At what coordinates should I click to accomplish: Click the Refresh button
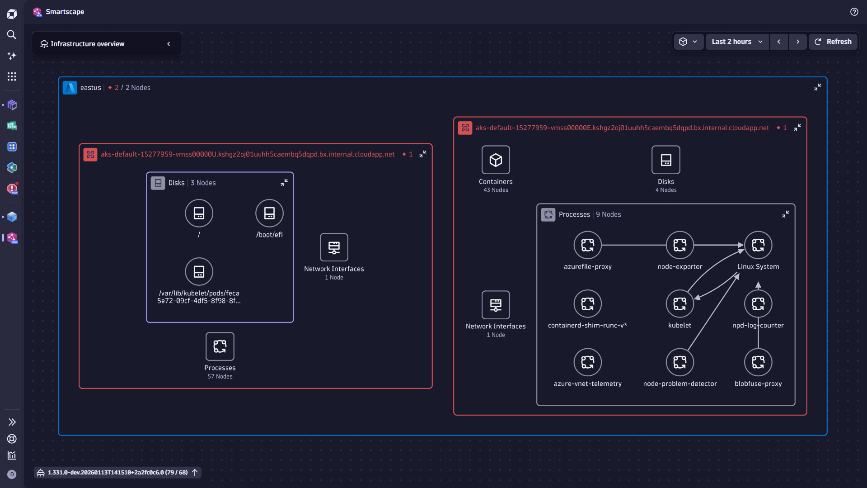pos(833,42)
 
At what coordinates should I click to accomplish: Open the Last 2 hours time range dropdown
pos(737,42)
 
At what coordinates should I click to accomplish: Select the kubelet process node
pos(680,304)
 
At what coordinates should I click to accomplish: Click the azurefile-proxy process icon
pos(587,245)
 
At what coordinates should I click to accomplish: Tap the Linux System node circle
pos(758,245)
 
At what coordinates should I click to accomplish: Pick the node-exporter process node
pos(680,245)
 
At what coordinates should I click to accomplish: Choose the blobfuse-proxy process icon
pos(758,362)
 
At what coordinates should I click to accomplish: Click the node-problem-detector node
pos(680,362)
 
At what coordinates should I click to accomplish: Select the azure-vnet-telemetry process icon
pos(587,362)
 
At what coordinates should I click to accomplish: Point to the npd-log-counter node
pos(758,304)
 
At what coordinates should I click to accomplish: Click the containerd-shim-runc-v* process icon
pos(587,304)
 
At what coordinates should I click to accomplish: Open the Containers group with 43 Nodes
pos(496,160)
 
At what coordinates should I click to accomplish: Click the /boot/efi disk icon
pos(269,213)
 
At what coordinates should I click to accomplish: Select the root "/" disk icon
pos(199,213)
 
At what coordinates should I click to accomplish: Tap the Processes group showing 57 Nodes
pos(220,347)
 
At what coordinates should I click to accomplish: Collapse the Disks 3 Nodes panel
pos(284,183)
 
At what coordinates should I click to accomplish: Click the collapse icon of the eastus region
pos(818,87)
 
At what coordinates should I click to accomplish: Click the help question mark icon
pos(854,12)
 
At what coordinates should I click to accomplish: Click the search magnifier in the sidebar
pos(12,35)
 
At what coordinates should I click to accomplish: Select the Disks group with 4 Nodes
pos(665,160)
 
